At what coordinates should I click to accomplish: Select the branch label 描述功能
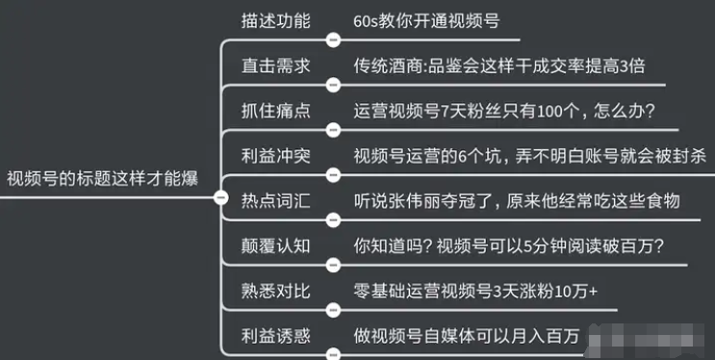(x=275, y=20)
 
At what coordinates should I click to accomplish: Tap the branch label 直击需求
(x=275, y=64)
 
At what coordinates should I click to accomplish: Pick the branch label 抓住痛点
(x=275, y=109)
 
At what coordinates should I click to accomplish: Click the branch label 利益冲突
(x=275, y=154)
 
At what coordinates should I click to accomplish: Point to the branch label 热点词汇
(x=275, y=200)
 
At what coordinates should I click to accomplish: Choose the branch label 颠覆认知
(x=275, y=244)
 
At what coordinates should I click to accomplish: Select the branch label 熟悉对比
(x=275, y=290)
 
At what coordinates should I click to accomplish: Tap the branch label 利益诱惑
(x=275, y=335)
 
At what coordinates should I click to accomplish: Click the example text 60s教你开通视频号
(x=426, y=20)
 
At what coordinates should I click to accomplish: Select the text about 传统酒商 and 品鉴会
(x=498, y=64)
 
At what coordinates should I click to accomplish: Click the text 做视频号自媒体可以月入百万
(x=466, y=335)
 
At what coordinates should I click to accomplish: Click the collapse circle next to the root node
(x=220, y=198)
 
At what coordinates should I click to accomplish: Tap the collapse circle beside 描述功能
(x=334, y=40)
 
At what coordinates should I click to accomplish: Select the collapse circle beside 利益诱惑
(x=334, y=354)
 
